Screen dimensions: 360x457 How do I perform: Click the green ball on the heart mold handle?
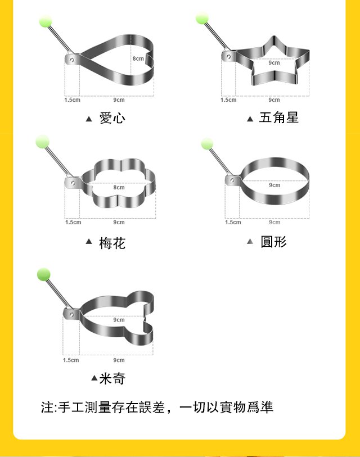(46, 21)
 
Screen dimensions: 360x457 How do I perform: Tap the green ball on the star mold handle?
(202, 18)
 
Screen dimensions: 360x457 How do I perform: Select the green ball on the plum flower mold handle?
(43, 142)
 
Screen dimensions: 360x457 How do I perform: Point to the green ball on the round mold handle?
(207, 144)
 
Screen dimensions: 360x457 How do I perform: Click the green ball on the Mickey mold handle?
(44, 275)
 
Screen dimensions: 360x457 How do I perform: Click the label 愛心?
(112, 118)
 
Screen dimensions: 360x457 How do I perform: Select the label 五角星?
(278, 117)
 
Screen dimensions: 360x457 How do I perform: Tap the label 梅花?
(112, 243)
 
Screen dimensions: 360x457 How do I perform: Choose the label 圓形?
(273, 242)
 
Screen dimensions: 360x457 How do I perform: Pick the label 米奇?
(112, 378)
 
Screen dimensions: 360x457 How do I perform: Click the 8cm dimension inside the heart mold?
(138, 58)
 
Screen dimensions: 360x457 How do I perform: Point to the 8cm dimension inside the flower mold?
(119, 187)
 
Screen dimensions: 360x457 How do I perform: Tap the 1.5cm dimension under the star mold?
(228, 100)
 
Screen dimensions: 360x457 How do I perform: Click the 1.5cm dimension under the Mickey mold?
(71, 360)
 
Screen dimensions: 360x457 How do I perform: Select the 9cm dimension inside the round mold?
(274, 185)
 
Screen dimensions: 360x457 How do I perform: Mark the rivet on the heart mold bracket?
(72, 60)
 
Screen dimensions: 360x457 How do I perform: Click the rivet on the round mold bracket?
(232, 180)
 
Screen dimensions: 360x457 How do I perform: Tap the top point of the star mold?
(273, 37)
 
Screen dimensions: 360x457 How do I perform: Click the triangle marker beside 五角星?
(250, 119)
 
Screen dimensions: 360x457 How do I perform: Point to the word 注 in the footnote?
(47, 407)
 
